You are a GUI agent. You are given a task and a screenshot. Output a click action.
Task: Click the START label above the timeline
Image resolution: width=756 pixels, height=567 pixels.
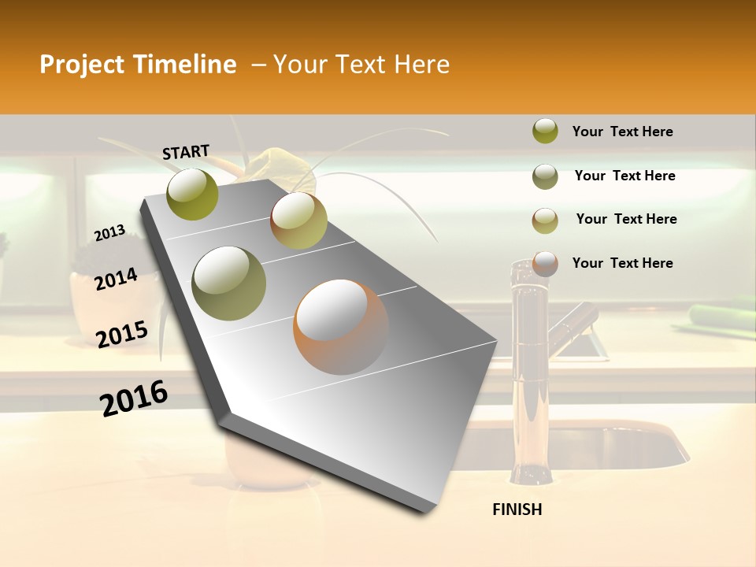coord(186,152)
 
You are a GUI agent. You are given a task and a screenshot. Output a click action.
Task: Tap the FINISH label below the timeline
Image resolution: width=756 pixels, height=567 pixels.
coord(517,510)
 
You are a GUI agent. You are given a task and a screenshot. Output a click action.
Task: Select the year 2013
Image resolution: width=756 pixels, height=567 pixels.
coord(109,233)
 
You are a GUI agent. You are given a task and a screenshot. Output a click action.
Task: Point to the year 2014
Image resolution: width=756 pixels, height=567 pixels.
coord(116,280)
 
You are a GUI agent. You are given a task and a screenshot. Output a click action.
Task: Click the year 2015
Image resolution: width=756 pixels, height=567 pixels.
coord(122,335)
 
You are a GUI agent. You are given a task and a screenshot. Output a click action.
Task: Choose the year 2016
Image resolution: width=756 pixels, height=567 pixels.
coord(134,398)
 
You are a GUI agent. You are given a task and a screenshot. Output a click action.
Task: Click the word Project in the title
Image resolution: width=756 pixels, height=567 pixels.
coord(82,65)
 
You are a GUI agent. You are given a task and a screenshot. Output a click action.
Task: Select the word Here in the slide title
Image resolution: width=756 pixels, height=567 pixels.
coord(421,65)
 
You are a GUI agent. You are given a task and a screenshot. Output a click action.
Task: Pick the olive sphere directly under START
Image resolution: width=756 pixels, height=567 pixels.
coord(193,194)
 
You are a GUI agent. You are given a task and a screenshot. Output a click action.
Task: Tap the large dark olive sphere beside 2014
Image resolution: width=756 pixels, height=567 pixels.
coord(229,283)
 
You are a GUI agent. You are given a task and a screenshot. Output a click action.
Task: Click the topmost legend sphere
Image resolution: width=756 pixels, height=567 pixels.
coord(545,132)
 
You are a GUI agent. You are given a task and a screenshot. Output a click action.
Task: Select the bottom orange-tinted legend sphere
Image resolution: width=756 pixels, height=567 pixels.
coord(545,264)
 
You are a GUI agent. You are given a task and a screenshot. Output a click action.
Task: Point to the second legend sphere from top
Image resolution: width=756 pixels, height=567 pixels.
coord(545,176)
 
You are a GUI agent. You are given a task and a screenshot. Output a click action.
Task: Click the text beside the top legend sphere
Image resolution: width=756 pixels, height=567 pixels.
coord(622,132)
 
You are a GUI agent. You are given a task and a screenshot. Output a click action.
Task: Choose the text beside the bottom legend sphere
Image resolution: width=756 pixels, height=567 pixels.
coord(622,263)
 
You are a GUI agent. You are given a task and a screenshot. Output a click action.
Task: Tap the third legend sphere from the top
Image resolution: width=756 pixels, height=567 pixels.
coord(545,220)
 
